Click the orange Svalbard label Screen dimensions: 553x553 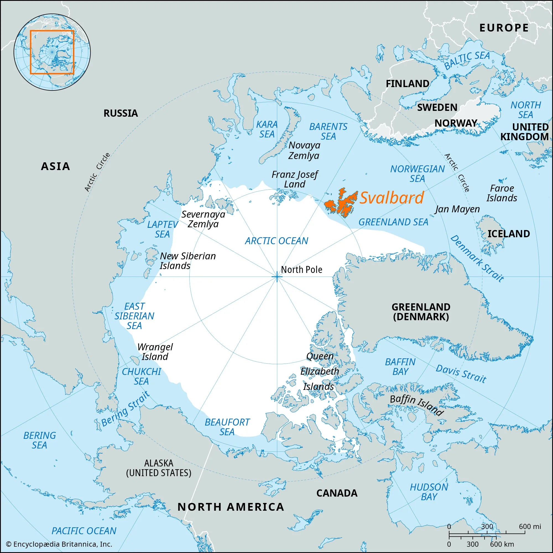(x=391, y=198)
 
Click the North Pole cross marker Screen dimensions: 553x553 (x=277, y=277)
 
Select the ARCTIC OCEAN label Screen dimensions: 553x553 (x=276, y=241)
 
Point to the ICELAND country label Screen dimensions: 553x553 (x=509, y=234)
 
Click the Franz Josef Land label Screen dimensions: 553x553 (x=294, y=179)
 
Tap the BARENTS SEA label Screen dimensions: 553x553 (x=328, y=131)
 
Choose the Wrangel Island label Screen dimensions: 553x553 (x=155, y=352)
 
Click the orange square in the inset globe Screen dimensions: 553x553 (x=52, y=52)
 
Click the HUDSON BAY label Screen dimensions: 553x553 (x=429, y=492)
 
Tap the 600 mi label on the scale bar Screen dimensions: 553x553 (x=530, y=526)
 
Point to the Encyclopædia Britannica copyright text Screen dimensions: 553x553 (x=59, y=544)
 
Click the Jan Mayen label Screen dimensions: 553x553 (x=457, y=209)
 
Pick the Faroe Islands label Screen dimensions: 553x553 (x=502, y=193)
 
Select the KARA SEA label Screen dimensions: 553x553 (x=267, y=129)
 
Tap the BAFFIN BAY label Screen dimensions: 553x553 (x=400, y=367)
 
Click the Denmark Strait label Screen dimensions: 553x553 (x=477, y=259)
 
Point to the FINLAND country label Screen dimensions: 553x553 (x=407, y=84)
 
